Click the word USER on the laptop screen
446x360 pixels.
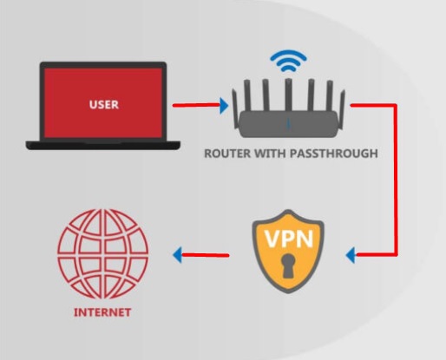pyautogui.click(x=104, y=104)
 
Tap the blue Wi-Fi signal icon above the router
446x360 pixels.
pyautogui.click(x=288, y=62)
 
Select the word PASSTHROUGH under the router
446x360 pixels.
pyautogui.click(x=334, y=154)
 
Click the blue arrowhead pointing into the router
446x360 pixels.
pyautogui.click(x=224, y=105)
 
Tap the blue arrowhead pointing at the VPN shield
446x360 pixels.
pyautogui.click(x=351, y=255)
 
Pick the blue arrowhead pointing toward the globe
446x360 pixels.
pyautogui.click(x=178, y=255)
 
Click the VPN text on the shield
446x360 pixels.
pyautogui.click(x=289, y=239)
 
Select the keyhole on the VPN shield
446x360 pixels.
pyautogui.click(x=288, y=266)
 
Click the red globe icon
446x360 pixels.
pyautogui.click(x=102, y=254)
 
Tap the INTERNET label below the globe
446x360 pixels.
pyautogui.click(x=102, y=312)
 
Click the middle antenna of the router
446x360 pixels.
pyautogui.click(x=288, y=95)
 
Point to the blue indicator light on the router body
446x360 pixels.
pyautogui.click(x=288, y=123)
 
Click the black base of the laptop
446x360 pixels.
pyautogui.click(x=103, y=145)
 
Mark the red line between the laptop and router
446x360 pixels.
pyautogui.click(x=196, y=105)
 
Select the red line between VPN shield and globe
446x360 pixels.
pyautogui.click(x=206, y=255)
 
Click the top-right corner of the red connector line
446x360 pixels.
pyautogui.click(x=396, y=105)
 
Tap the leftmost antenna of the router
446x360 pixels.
pyautogui.click(x=235, y=109)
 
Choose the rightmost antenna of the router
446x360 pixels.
pyautogui.click(x=342, y=109)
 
